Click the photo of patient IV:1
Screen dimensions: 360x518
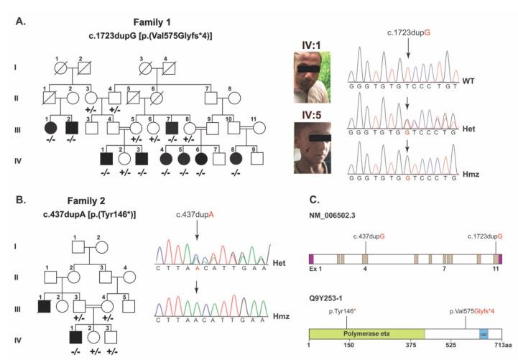point(310,78)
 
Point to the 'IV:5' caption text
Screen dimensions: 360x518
point(310,112)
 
